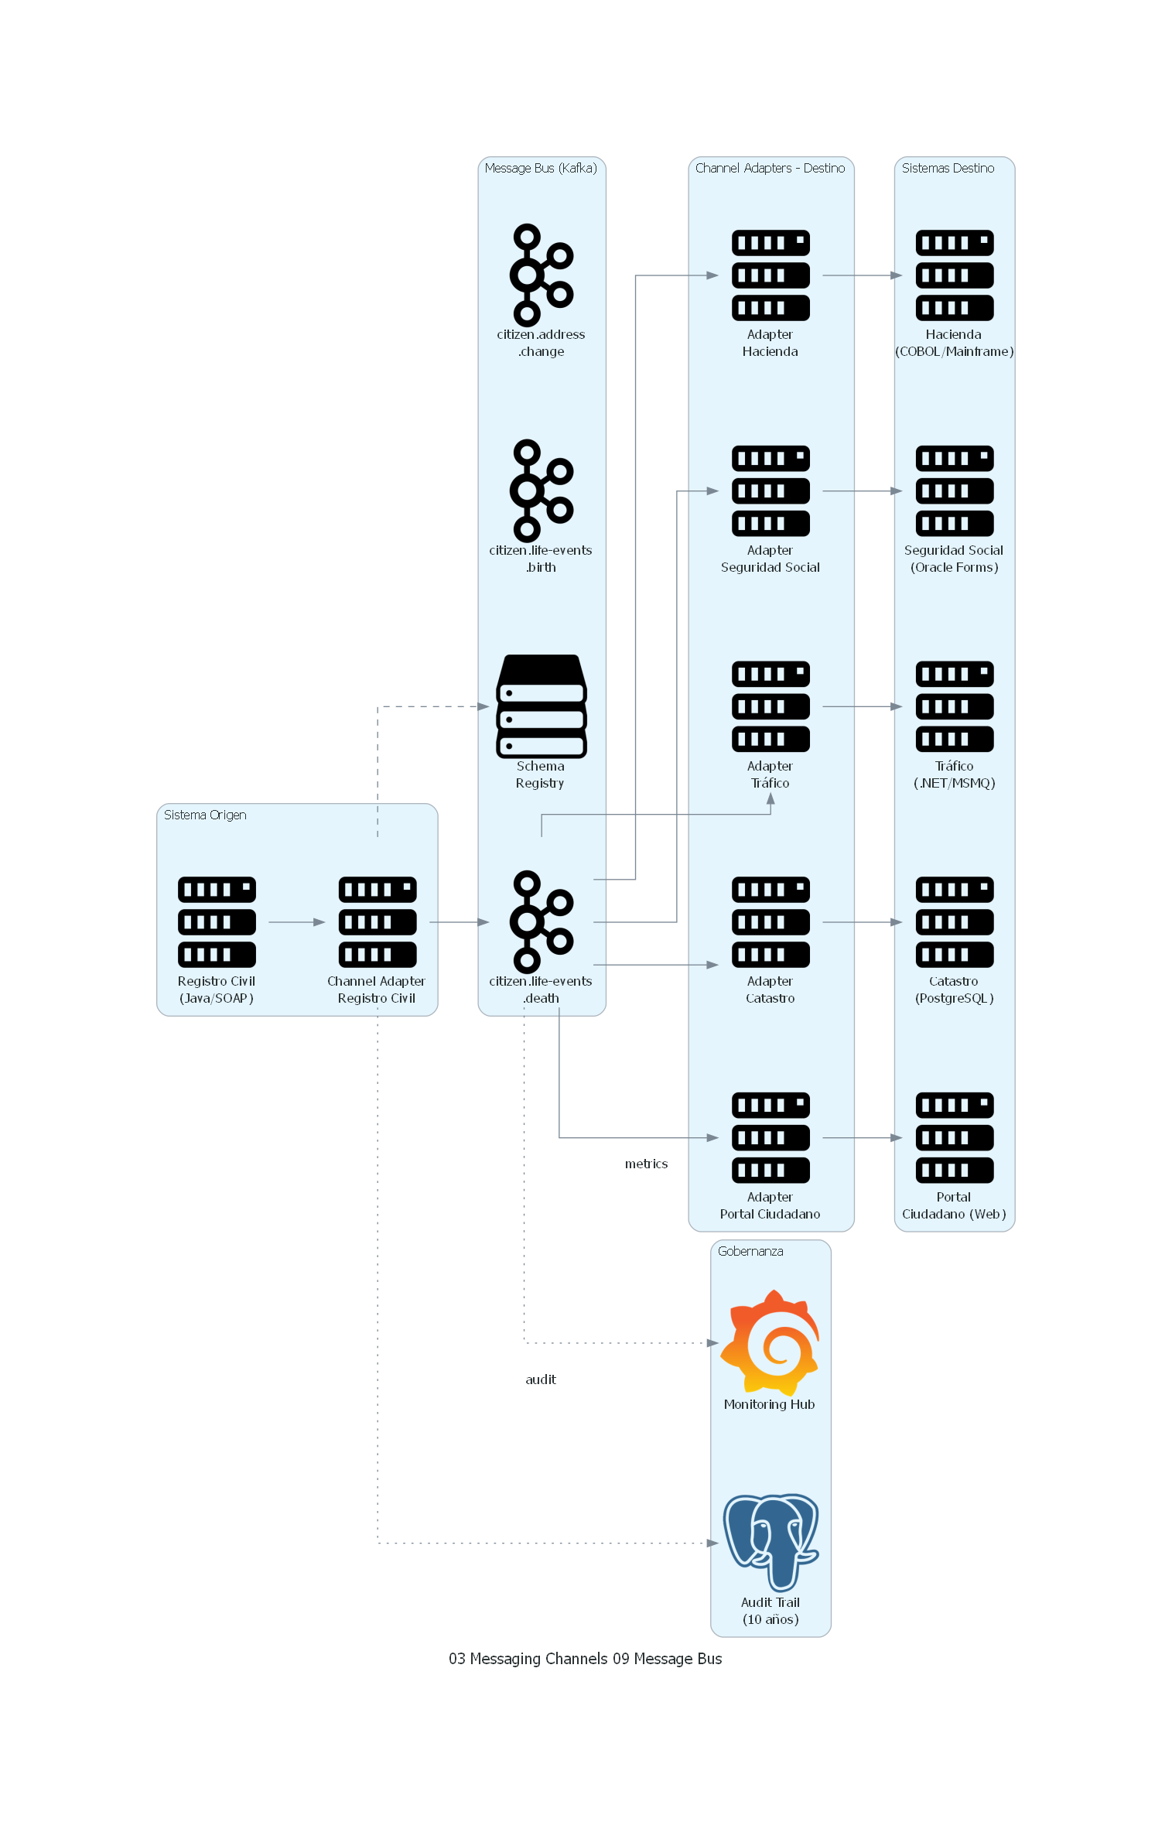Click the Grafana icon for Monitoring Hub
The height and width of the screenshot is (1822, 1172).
pos(770,1342)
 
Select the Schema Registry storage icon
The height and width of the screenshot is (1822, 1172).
pos(541,706)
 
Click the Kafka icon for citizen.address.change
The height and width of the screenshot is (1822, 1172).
pos(541,275)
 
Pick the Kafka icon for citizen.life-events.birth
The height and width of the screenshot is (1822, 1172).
pos(541,491)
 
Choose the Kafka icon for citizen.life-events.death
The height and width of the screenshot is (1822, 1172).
pos(541,921)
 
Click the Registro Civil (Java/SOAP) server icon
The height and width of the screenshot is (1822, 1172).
pos(217,921)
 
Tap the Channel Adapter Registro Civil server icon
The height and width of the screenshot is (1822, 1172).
pos(377,921)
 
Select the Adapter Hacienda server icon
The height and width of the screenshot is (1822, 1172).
pos(771,275)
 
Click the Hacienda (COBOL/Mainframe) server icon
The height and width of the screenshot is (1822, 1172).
pos(954,275)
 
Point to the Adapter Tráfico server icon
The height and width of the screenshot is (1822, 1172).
pos(771,706)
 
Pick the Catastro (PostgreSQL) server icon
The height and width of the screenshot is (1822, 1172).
pos(954,921)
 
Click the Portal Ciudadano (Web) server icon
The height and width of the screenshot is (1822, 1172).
pos(954,1137)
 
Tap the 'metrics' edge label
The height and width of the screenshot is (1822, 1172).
pos(646,1164)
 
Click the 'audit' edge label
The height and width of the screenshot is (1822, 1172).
pos(541,1379)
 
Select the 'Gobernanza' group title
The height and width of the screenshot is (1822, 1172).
pos(750,1251)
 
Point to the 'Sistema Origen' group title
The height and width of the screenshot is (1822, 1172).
pos(205,815)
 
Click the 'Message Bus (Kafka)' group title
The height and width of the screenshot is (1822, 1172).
pos(541,168)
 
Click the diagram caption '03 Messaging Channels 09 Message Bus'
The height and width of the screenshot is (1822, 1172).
pos(585,1659)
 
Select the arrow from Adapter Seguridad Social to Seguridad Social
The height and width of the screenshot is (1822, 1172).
pos(862,491)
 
